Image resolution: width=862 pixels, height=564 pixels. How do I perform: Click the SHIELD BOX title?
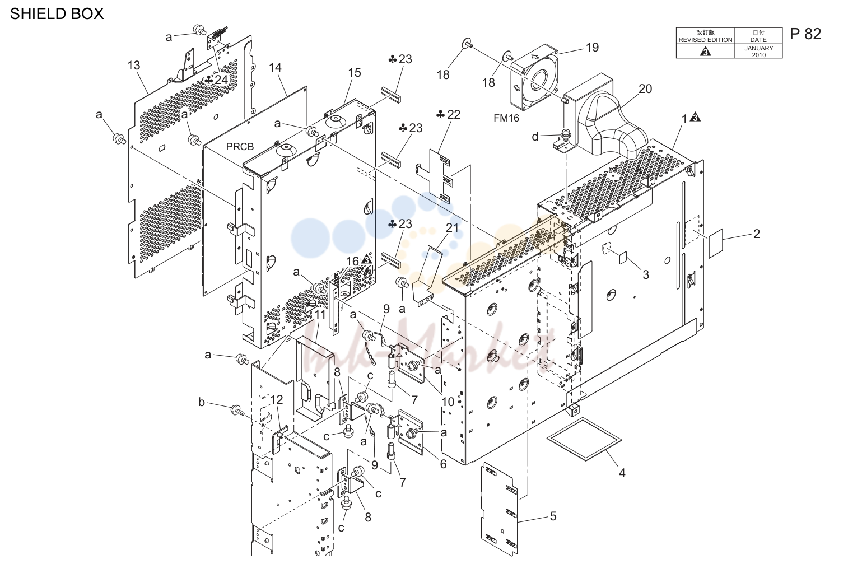pyautogui.click(x=57, y=14)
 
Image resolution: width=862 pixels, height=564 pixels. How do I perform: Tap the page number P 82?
pyautogui.click(x=805, y=34)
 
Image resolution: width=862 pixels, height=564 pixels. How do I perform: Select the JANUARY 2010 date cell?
pyautogui.click(x=758, y=52)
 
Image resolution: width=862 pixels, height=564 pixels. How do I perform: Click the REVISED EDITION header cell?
pyautogui.click(x=705, y=36)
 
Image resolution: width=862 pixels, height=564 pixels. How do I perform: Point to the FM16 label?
pyautogui.click(x=506, y=118)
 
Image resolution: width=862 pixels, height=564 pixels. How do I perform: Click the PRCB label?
pyautogui.click(x=240, y=147)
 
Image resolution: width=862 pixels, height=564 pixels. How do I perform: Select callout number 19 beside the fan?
pyautogui.click(x=592, y=47)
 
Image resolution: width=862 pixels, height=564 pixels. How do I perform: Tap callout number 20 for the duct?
pyautogui.click(x=645, y=89)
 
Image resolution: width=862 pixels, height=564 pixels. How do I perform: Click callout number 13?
pyautogui.click(x=133, y=66)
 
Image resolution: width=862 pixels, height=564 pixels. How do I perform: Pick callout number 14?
pyautogui.click(x=275, y=68)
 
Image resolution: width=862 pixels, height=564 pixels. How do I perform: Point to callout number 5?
pyautogui.click(x=553, y=516)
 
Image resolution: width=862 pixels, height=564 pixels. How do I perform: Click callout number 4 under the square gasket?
pyautogui.click(x=622, y=473)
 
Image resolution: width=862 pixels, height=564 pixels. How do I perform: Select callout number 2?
pyautogui.click(x=757, y=234)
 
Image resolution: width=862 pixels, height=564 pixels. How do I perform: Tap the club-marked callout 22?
pyautogui.click(x=448, y=114)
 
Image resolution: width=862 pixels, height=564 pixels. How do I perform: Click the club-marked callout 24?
pyautogui.click(x=216, y=80)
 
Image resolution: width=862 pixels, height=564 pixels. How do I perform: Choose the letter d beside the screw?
pyautogui.click(x=535, y=137)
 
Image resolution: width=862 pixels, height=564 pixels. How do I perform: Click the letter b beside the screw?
pyautogui.click(x=201, y=402)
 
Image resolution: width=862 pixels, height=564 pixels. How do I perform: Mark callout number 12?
pyautogui.click(x=277, y=400)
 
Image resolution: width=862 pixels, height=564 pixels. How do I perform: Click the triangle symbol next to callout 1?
pyautogui.click(x=695, y=117)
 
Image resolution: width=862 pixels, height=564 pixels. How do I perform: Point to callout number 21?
pyautogui.click(x=453, y=228)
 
